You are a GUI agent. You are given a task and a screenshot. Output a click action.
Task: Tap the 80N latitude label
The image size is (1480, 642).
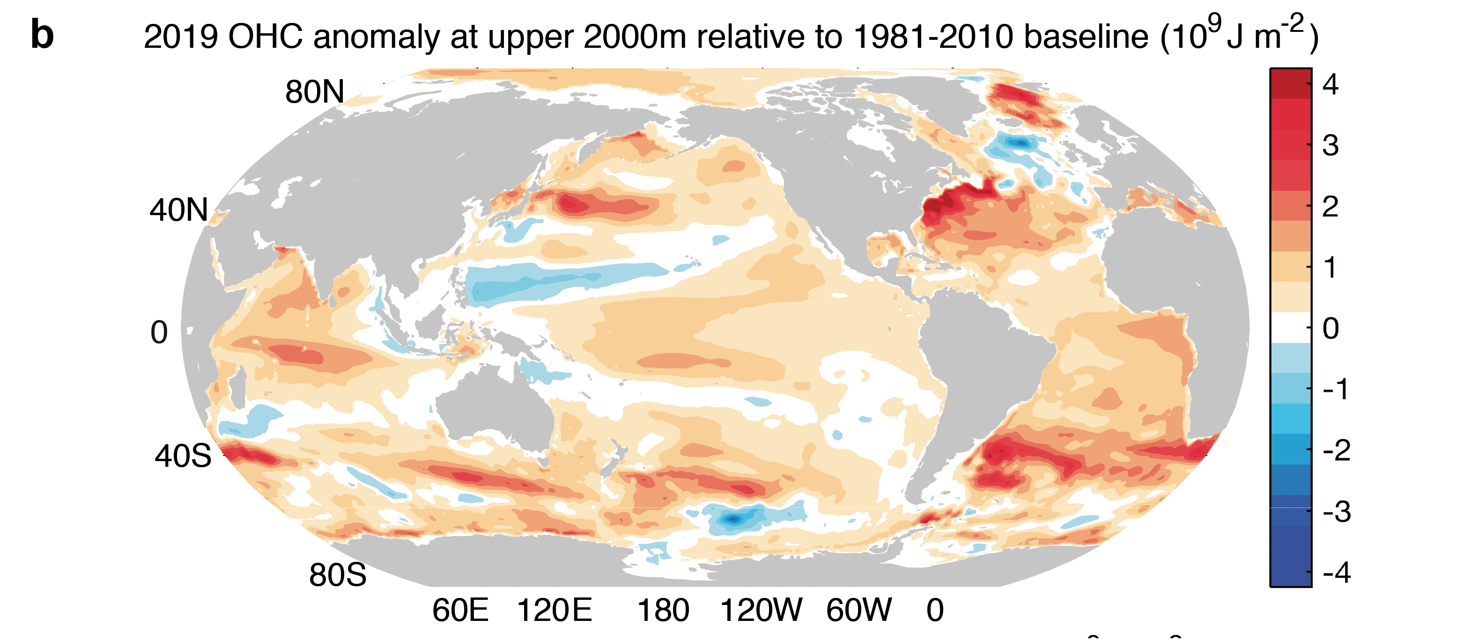point(314,92)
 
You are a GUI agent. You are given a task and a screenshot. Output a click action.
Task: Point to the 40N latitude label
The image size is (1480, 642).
point(179,210)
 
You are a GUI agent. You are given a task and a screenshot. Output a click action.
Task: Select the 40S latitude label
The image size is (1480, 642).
point(183,456)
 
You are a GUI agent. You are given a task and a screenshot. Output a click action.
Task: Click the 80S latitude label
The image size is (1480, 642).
point(337,575)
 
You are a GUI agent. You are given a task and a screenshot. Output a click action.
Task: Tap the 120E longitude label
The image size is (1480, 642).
point(554,611)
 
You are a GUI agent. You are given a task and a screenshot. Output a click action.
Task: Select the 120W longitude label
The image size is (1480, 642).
point(761,611)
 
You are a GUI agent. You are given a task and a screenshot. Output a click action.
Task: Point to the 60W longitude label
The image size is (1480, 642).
point(859,611)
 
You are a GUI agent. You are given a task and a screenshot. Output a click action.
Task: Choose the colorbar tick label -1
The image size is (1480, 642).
point(1335,390)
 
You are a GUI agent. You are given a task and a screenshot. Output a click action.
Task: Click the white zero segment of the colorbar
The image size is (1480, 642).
point(1290,328)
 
